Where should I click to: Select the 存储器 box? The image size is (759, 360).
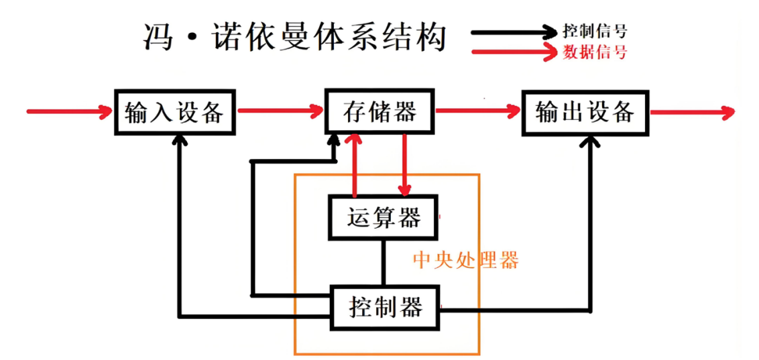[x=379, y=111]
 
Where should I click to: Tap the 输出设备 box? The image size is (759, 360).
[x=585, y=111]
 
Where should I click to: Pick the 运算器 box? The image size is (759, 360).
[x=383, y=217]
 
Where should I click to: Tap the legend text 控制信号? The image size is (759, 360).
[x=595, y=31]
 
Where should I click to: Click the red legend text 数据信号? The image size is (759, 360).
[x=595, y=52]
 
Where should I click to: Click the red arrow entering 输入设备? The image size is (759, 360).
[x=68, y=111]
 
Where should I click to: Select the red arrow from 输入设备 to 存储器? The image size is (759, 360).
[x=278, y=111]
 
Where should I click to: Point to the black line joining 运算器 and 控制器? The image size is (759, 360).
[x=384, y=263]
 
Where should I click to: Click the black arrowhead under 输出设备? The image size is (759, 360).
[x=590, y=142]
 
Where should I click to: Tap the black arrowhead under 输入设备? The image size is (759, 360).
[x=178, y=139]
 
